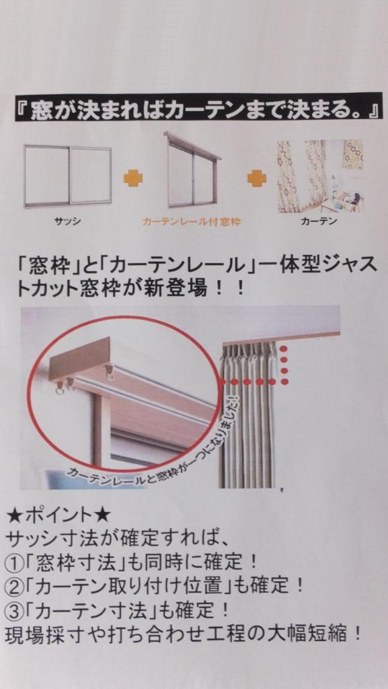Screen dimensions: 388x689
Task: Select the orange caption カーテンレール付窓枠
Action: pos(191,222)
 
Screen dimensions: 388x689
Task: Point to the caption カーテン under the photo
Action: pos(319,221)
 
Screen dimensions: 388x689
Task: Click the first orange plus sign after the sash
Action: pos(132,178)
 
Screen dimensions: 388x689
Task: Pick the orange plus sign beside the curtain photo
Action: pos(256,178)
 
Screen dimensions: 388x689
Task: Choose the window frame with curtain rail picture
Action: pos(192,170)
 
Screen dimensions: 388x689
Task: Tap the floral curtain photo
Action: pos(320,176)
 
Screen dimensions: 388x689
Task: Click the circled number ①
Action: pos(14,561)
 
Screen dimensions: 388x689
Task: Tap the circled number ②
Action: pos(14,585)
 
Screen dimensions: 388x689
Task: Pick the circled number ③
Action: pos(14,610)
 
